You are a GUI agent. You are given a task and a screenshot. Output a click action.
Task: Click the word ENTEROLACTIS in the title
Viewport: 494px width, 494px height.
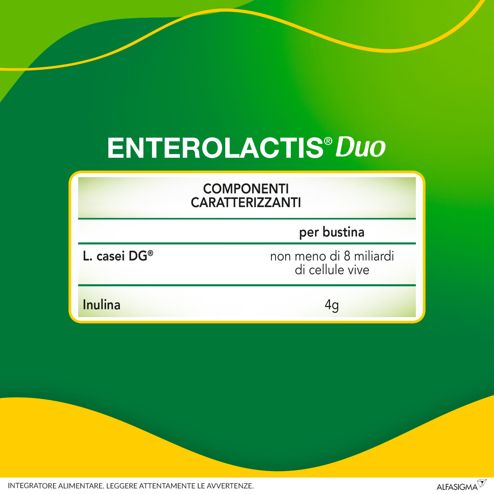215,148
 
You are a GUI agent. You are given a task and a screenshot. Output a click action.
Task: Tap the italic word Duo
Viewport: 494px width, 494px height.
360,147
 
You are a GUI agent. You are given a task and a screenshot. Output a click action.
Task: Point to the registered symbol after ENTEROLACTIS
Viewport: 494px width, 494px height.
328,141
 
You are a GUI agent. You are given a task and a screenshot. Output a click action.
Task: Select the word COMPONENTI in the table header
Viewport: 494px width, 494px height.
246,189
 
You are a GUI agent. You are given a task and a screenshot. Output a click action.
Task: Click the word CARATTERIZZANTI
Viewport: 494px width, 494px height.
246,203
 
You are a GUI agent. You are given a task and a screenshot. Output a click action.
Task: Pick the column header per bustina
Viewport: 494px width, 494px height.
332,232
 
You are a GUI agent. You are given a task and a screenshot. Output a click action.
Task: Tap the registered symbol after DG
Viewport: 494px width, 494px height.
151,253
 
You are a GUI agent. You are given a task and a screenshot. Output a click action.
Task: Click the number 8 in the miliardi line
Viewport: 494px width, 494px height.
347,256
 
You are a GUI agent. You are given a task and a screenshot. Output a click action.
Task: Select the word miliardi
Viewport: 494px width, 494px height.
374,256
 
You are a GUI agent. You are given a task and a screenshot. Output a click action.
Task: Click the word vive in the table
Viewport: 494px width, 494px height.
359,270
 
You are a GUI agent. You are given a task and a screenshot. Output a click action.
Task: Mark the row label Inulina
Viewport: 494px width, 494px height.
101,305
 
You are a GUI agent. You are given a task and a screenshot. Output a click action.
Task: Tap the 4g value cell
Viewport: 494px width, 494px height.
332,305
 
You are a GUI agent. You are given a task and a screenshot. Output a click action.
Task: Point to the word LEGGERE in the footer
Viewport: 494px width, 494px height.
122,486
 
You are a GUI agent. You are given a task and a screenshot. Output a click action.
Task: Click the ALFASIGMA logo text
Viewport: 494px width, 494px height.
457,487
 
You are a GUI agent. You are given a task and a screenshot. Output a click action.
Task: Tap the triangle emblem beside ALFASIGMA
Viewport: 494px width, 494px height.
482,483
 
